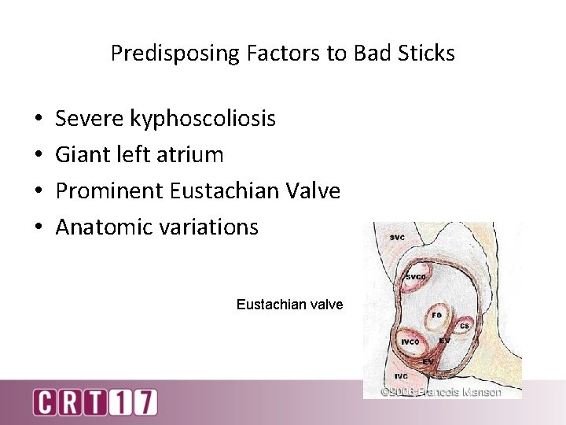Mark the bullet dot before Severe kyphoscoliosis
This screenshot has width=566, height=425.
[x=39, y=120]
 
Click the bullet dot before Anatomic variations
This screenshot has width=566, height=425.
[x=39, y=227]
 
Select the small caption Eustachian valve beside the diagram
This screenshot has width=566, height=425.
[x=289, y=304]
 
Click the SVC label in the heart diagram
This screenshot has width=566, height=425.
[x=398, y=238]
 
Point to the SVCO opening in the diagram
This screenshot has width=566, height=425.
[x=416, y=278]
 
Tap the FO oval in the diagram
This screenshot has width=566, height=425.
[x=436, y=316]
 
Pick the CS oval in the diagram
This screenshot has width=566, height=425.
[x=464, y=325]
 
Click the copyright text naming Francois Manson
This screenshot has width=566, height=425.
[x=441, y=391]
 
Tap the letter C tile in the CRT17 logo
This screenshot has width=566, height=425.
[x=44, y=402]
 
